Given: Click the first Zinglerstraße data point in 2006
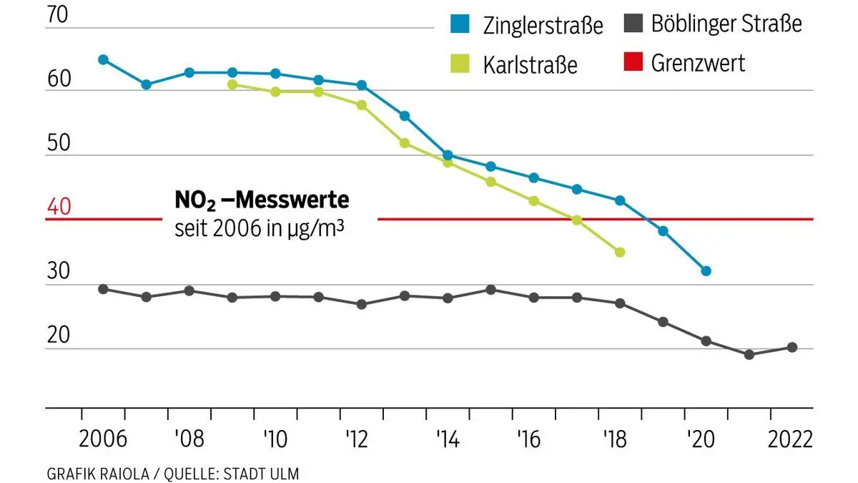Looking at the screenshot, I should point(103,59).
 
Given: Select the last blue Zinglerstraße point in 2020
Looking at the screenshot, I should point(706,271).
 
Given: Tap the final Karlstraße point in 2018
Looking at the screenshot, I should point(620,252).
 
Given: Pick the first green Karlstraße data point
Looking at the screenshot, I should point(232,84).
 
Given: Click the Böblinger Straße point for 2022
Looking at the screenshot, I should point(792,347).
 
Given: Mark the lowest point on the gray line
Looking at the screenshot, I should point(749,354).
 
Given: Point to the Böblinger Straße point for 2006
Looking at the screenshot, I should point(103,289).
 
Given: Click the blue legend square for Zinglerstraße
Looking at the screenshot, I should point(460,25).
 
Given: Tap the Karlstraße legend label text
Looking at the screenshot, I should point(531,64).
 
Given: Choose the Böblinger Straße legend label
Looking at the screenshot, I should point(726,24).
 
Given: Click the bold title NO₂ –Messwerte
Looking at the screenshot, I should point(262,200).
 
